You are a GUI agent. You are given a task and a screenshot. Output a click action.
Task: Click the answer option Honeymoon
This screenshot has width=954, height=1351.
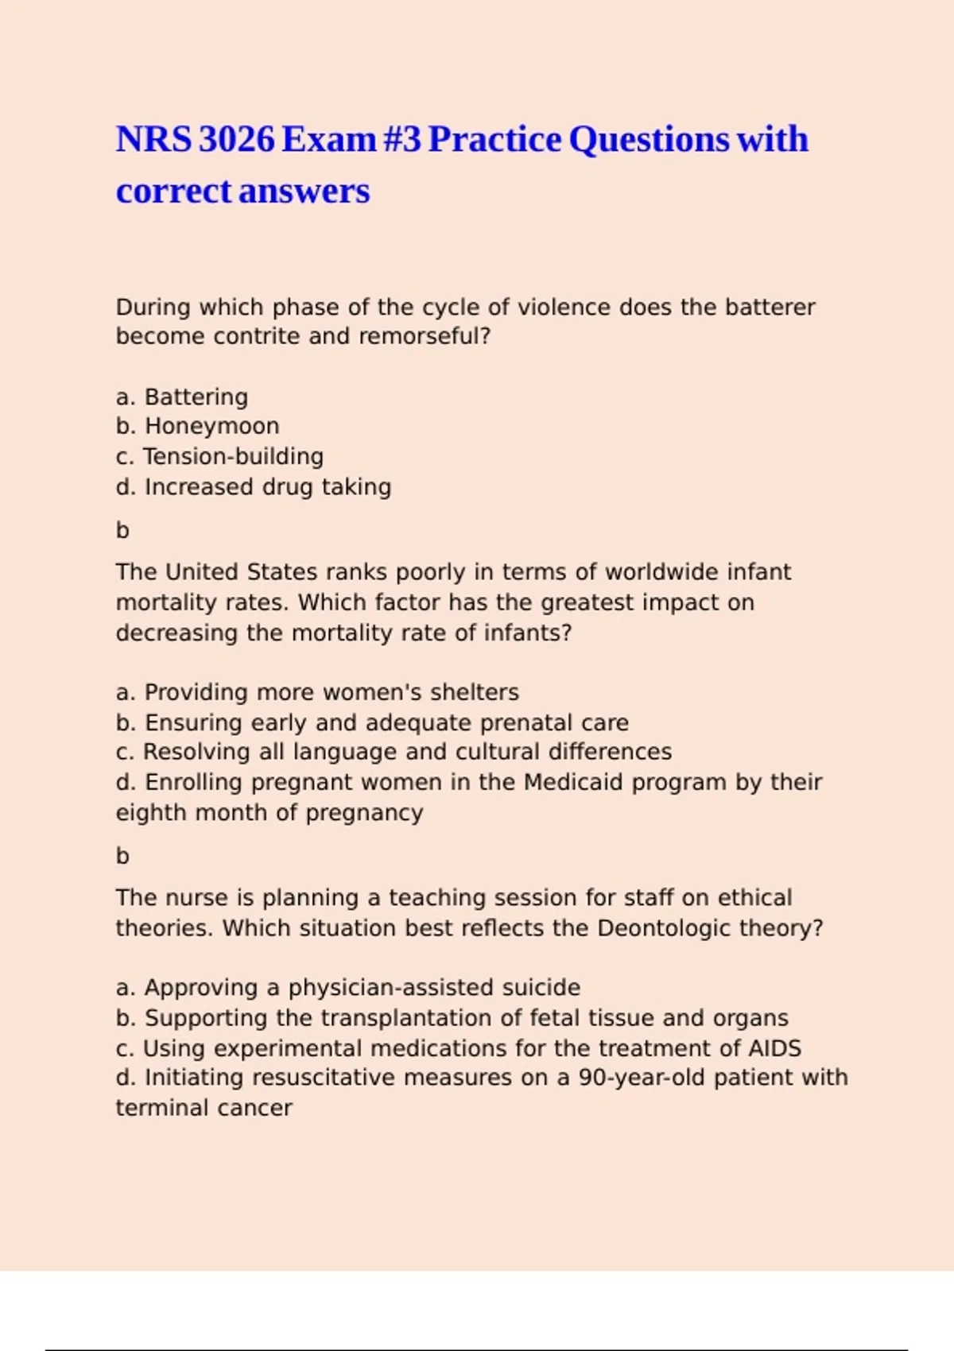[211, 426]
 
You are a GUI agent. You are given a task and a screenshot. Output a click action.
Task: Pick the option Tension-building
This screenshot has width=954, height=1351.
[233, 456]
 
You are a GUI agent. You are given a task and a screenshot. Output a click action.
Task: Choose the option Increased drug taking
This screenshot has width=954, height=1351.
[267, 486]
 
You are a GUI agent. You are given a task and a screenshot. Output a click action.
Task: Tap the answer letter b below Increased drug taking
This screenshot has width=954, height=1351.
[122, 530]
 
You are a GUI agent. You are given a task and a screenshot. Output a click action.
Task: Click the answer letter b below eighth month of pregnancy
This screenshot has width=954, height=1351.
[122, 856]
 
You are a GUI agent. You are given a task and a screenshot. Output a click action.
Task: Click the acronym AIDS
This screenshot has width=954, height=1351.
[774, 1048]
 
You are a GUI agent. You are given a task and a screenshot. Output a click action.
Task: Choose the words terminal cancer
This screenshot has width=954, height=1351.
[204, 1108]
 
